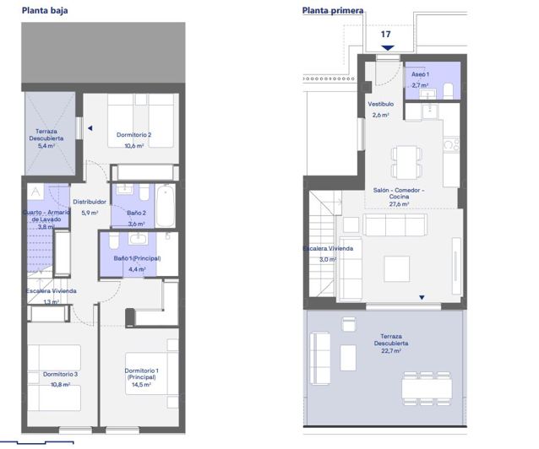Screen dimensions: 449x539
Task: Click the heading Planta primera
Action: click(333, 11)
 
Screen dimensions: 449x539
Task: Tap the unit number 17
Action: click(386, 35)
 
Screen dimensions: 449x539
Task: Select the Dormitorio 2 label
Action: click(133, 135)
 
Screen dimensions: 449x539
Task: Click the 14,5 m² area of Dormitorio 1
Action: click(139, 384)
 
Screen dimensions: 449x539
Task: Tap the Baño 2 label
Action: click(136, 214)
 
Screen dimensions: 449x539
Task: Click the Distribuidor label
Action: click(89, 202)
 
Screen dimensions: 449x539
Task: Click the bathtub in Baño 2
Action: click(165, 205)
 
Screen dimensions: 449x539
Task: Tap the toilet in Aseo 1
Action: click(449, 90)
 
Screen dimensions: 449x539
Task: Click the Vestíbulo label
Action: click(380, 104)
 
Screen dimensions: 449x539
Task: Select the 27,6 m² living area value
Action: click(398, 203)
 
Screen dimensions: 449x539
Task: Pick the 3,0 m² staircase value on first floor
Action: click(325, 260)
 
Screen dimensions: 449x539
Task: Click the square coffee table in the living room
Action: click(397, 268)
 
